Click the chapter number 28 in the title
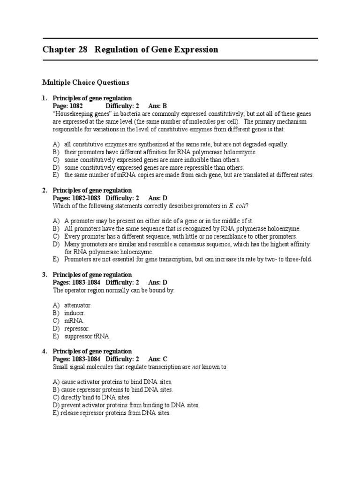pyautogui.click(x=82, y=50)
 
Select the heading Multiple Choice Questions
pyautogui.click(x=85, y=82)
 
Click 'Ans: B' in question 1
pyautogui.click(x=158, y=106)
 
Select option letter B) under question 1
pyautogui.click(x=56, y=152)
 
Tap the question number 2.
pyautogui.click(x=45, y=190)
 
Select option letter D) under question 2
pyautogui.click(x=56, y=244)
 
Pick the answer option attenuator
pyautogui.click(x=78, y=305)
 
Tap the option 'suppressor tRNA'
pyautogui.click(x=87, y=336)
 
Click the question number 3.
pyautogui.click(x=45, y=275)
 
